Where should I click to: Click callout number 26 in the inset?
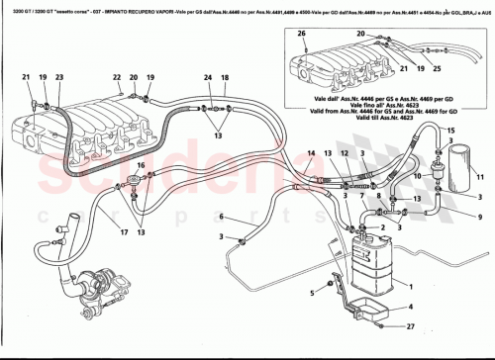[302, 34]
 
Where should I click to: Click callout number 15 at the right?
[449, 132]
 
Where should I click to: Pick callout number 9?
[454, 217]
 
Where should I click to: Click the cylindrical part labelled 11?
[459, 167]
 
